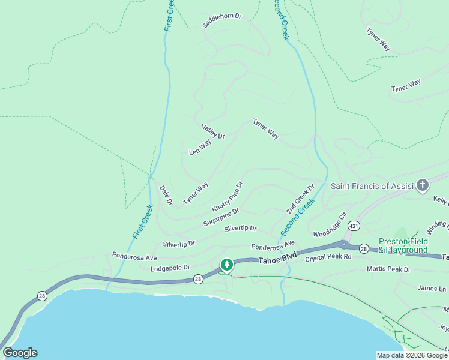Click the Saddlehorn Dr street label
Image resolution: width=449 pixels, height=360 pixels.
click(x=221, y=21)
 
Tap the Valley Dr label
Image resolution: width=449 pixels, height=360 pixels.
click(x=213, y=131)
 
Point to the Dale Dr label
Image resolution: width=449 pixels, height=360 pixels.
click(x=166, y=195)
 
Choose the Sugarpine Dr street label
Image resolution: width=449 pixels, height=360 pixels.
click(x=221, y=217)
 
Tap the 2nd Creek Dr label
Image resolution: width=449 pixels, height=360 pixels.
click(x=300, y=199)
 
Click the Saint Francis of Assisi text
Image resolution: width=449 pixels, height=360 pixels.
click(x=372, y=186)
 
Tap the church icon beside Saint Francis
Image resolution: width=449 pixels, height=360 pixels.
click(x=423, y=185)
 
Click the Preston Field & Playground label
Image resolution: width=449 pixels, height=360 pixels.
click(x=403, y=246)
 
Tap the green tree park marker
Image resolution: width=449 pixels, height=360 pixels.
click(x=226, y=264)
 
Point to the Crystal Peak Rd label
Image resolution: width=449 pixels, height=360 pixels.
click(x=328, y=257)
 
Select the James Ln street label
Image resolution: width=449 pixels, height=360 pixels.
click(x=432, y=289)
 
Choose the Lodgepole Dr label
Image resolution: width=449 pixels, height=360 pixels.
click(x=170, y=268)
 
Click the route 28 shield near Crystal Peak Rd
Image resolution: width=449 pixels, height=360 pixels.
click(x=364, y=248)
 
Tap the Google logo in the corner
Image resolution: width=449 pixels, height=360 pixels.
click(x=20, y=353)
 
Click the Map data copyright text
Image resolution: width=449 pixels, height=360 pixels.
click(x=411, y=355)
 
